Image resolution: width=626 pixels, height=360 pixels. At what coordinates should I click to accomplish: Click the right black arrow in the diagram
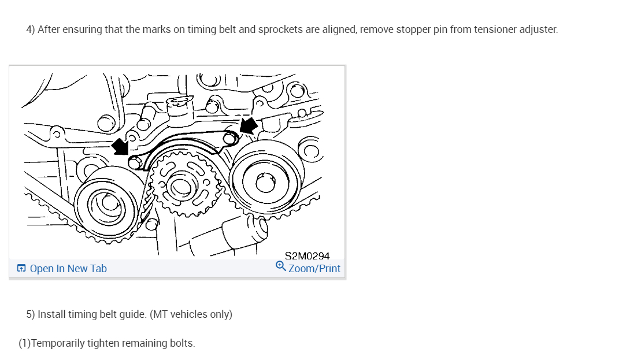coord(249,125)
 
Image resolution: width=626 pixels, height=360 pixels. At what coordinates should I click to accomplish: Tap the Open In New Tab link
coord(68,269)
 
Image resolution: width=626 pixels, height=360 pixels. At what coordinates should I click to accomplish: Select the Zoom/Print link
coord(314,269)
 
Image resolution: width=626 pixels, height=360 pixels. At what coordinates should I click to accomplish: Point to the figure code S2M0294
coord(307,256)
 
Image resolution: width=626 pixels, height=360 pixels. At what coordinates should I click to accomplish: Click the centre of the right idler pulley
coord(265,184)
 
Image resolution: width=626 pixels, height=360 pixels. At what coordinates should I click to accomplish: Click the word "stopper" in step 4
coord(413,29)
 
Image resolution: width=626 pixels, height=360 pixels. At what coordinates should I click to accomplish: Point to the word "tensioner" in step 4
coord(497,29)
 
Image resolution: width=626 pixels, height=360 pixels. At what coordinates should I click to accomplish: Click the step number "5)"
coord(31,314)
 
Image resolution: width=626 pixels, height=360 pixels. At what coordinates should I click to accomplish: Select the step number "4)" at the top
coord(31,29)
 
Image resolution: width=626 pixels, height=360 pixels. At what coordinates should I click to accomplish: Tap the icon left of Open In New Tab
coord(21,269)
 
